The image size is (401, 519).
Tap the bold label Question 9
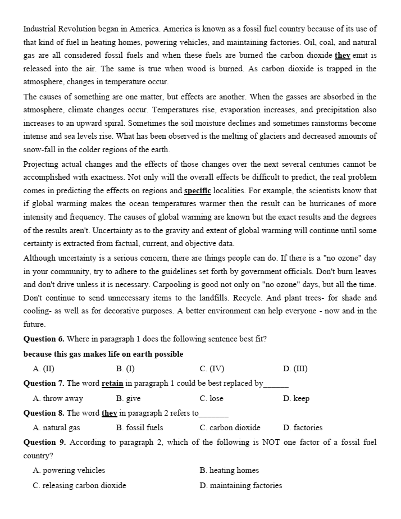tap(44, 442)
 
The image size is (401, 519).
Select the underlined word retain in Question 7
tap(112, 383)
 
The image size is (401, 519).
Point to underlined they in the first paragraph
tap(341, 55)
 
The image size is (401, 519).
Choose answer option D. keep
tap(297, 398)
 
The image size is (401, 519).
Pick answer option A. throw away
tap(58, 398)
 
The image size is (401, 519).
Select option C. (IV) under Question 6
tap(212, 368)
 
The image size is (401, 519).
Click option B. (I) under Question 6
tap(125, 368)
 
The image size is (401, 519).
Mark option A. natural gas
tap(56, 427)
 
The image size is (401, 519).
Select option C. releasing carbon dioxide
tap(79, 485)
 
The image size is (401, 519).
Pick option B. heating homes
tap(229, 470)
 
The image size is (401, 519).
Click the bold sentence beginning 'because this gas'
tap(103, 354)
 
